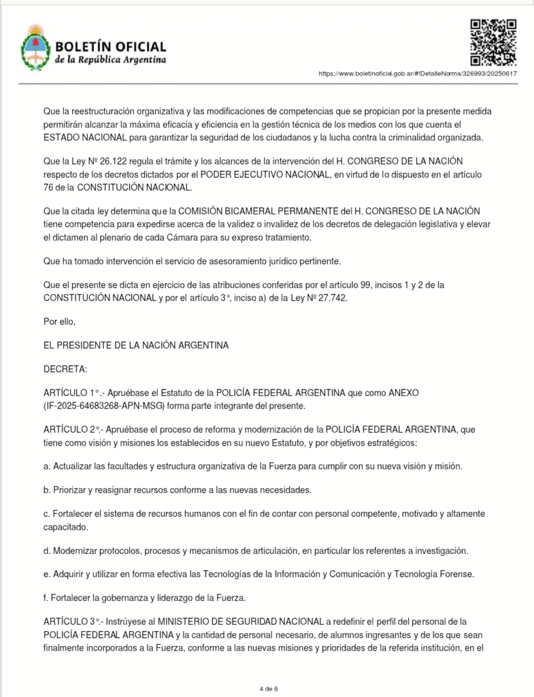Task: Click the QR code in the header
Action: tap(493, 42)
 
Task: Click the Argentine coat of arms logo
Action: tap(33, 48)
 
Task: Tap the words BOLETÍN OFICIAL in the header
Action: tap(110, 46)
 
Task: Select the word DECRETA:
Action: tap(65, 369)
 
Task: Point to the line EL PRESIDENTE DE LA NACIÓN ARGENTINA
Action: tap(135, 345)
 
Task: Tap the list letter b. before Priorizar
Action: tap(46, 489)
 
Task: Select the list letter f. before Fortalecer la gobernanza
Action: tap(46, 598)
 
